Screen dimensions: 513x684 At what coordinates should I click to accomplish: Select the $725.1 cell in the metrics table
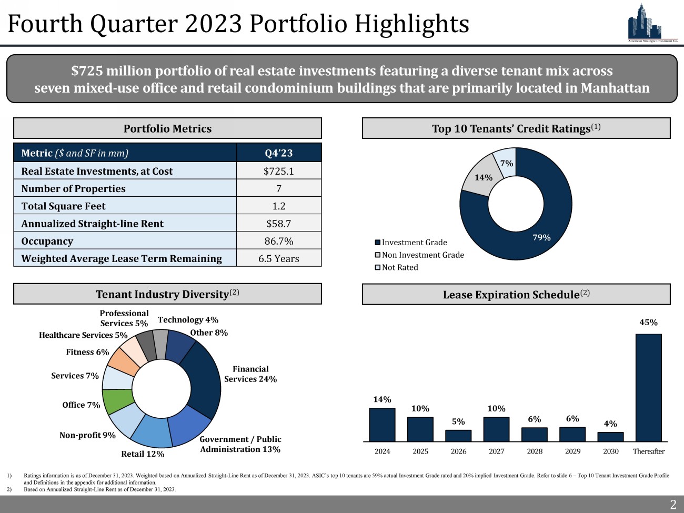point(278,171)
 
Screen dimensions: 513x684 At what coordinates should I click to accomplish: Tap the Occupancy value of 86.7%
point(278,241)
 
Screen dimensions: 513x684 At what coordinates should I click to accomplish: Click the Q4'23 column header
point(278,153)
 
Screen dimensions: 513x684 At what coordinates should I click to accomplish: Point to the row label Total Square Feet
point(63,206)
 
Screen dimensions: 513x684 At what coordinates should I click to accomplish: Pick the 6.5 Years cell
point(278,258)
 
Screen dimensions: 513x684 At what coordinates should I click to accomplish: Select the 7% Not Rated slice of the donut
point(505,162)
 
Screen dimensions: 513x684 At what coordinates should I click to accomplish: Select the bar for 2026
point(458,436)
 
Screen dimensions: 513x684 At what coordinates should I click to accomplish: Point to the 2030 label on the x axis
point(610,451)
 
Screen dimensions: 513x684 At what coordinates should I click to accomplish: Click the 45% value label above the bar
point(648,323)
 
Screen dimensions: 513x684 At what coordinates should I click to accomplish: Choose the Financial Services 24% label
point(250,374)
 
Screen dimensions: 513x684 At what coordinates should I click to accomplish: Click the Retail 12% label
point(143,454)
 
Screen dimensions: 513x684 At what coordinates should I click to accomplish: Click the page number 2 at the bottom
point(672,505)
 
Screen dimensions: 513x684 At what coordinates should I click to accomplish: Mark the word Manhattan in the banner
point(615,88)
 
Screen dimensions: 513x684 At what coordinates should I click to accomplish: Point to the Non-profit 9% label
point(87,435)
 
